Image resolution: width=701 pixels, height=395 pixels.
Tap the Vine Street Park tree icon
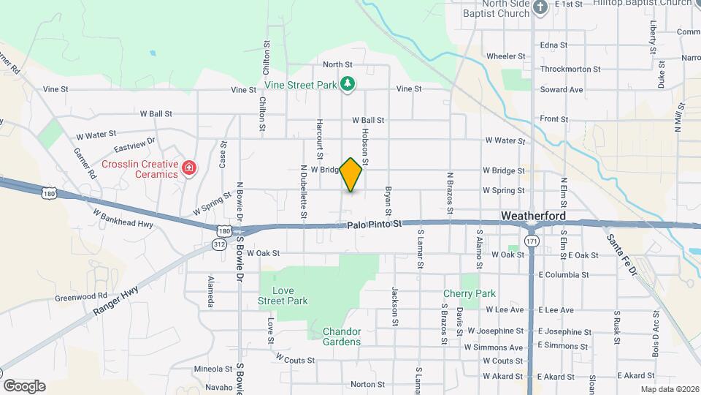(x=348, y=85)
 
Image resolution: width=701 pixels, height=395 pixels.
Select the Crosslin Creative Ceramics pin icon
(x=189, y=169)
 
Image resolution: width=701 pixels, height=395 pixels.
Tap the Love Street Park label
(x=283, y=296)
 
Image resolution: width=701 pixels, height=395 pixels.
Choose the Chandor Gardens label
(x=342, y=336)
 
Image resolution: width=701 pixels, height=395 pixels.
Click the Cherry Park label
(x=470, y=293)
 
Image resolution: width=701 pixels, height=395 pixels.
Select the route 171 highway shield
(x=532, y=241)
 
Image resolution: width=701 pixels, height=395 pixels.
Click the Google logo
(x=24, y=385)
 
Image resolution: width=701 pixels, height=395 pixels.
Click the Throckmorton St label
(x=570, y=69)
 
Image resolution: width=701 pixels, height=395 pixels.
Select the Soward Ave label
(x=562, y=90)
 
